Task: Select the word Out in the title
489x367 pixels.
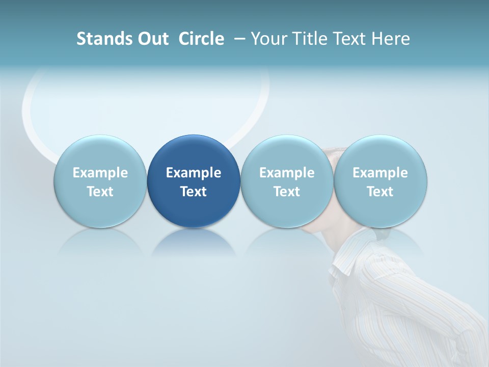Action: (152, 39)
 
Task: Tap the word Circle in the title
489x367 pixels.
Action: (201, 39)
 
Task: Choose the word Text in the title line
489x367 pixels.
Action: (351, 39)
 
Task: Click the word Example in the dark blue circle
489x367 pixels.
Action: (194, 173)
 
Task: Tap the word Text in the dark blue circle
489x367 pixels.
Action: (194, 192)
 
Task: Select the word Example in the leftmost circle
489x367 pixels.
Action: (100, 173)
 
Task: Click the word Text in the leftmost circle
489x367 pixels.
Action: (100, 192)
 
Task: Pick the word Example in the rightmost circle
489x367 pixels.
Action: (380, 173)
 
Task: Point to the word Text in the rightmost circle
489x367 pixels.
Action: (380, 192)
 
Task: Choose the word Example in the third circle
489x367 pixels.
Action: (287, 173)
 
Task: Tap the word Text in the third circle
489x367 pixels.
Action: (287, 192)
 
